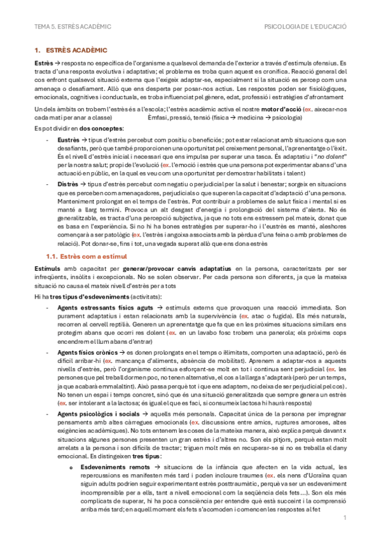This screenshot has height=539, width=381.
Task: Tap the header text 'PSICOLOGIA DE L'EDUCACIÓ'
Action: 305,27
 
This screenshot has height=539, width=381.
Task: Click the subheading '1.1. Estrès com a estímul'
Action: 90,256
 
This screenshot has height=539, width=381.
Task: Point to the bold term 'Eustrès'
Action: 68,139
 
